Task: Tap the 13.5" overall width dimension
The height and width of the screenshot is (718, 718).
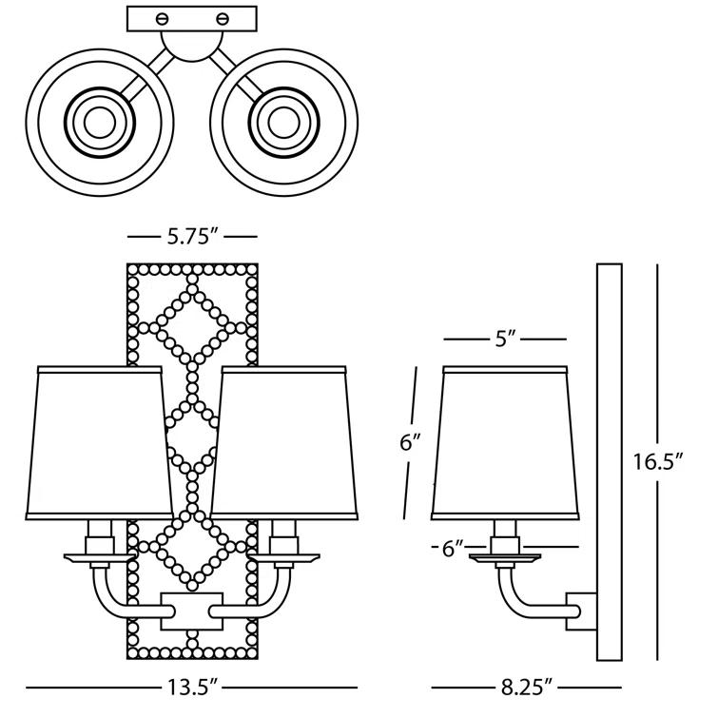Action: tap(192, 687)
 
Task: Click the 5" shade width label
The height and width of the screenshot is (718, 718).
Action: tap(506, 339)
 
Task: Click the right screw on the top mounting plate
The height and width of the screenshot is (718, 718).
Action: tap(224, 18)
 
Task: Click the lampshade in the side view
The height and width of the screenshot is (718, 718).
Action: tap(504, 441)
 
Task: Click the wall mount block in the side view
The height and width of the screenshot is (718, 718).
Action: tap(579, 608)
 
